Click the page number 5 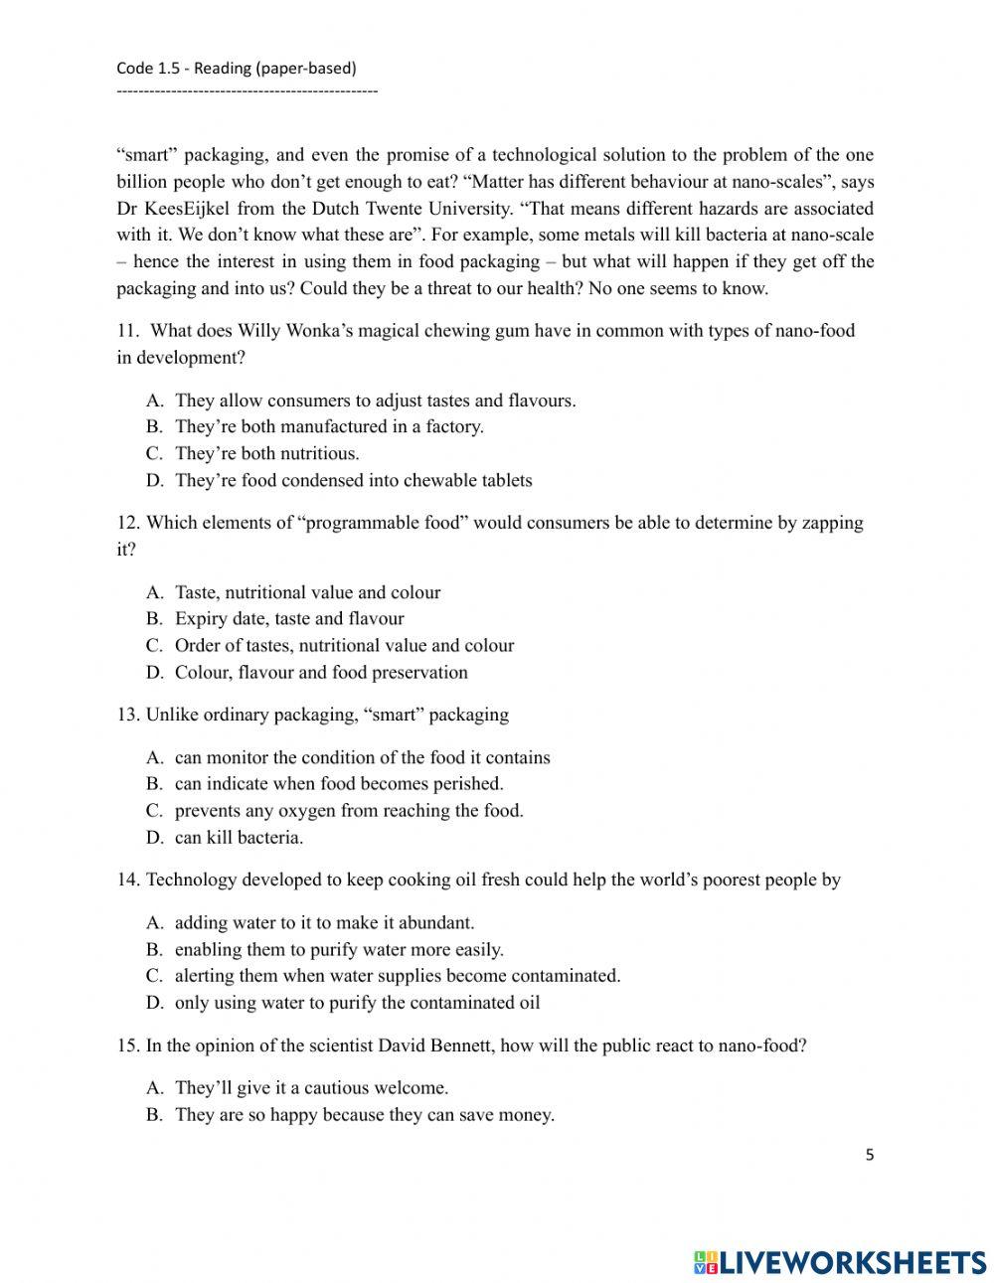point(870,1155)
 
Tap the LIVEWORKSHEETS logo point(840,1262)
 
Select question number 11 point(128,331)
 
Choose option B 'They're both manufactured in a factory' point(329,426)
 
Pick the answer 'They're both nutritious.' point(266,453)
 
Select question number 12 point(128,523)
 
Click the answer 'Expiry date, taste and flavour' point(289,618)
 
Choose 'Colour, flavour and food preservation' point(321,672)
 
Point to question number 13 point(128,715)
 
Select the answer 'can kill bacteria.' point(239,837)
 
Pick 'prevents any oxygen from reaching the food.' point(349,810)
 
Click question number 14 point(128,880)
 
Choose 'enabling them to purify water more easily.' point(339,949)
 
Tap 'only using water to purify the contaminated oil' point(357,1002)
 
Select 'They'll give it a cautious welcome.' point(311,1087)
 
